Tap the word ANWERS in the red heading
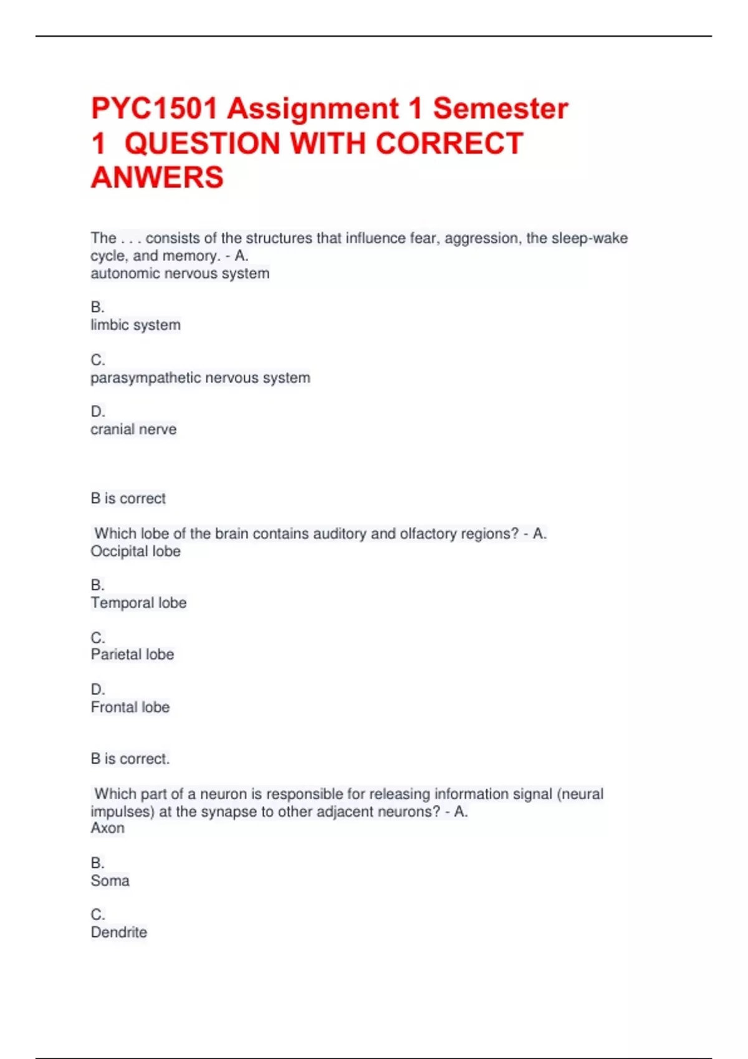tap(157, 178)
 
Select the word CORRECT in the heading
tap(449, 143)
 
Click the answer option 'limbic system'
tap(135, 325)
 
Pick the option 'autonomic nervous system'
tap(180, 273)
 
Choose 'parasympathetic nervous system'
tap(200, 378)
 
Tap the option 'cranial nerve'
tap(133, 430)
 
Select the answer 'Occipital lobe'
tap(135, 551)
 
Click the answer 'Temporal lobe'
tap(138, 603)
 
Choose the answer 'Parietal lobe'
tap(132, 655)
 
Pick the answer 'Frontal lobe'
tap(130, 708)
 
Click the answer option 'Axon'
tap(107, 829)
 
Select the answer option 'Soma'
tap(110, 881)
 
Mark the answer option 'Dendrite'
tap(119, 933)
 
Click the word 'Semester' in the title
tap(501, 108)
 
